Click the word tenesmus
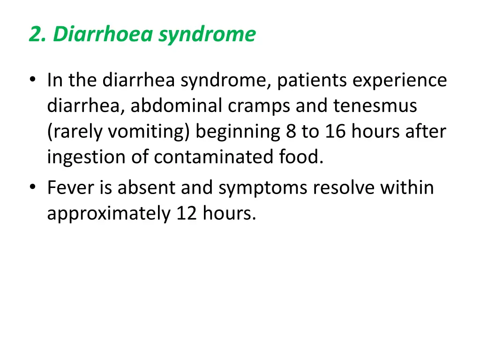[x=375, y=106]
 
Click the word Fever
[x=71, y=188]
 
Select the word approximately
[x=109, y=214]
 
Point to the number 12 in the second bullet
[x=187, y=214]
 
